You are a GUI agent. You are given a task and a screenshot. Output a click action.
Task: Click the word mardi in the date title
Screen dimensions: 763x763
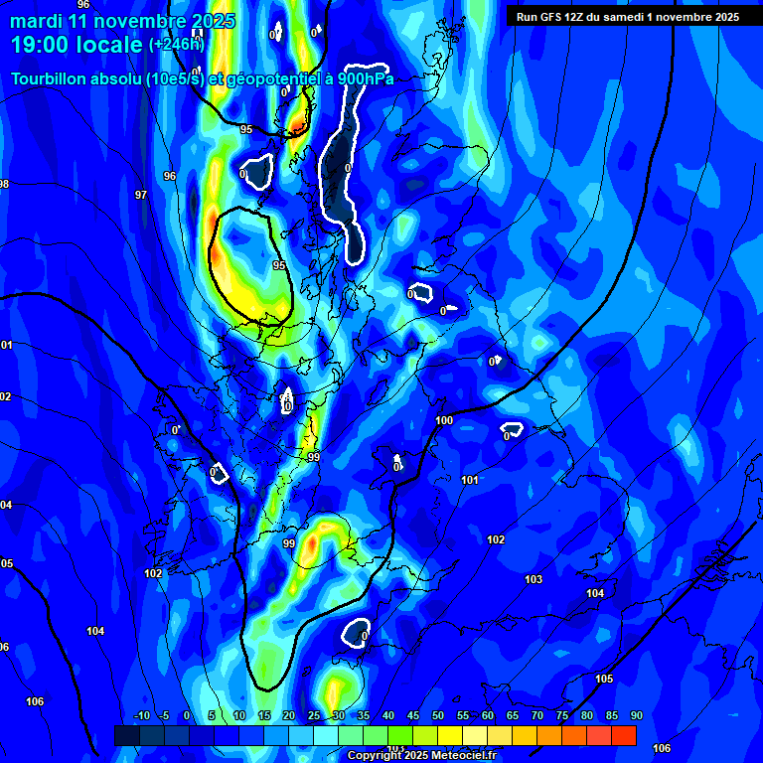[36, 21]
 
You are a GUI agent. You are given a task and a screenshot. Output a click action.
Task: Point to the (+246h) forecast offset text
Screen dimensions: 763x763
[176, 44]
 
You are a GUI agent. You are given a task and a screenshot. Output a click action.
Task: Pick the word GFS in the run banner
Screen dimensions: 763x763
[552, 16]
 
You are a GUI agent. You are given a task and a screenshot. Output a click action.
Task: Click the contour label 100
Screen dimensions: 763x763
[444, 420]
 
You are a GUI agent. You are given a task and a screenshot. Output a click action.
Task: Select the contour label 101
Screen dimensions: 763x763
[470, 480]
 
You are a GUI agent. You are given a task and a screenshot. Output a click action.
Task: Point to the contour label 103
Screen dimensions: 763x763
[534, 579]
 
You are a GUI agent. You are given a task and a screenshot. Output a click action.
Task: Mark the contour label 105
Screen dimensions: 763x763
[604, 679]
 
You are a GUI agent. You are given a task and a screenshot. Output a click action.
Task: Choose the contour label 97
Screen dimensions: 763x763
[141, 195]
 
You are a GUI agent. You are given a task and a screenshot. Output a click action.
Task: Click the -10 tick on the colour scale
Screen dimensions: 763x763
[140, 715]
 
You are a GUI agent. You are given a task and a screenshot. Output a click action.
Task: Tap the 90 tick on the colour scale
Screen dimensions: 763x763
[636, 715]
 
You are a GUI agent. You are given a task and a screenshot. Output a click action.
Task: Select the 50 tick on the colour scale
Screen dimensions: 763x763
[438, 715]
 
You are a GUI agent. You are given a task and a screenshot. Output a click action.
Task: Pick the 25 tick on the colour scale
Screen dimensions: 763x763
[314, 715]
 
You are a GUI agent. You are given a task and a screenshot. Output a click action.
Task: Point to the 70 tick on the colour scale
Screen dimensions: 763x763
[537, 715]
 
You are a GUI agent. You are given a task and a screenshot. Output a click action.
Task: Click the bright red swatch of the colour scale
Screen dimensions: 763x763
[624, 735]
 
